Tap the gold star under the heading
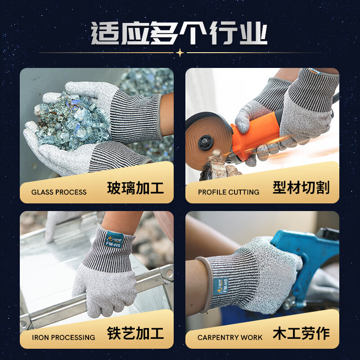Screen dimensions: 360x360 pos(180,53)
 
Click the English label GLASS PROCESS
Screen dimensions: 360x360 pos(59,192)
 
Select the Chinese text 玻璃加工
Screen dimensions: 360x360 pos(135,188)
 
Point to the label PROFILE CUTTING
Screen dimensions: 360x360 pos(229,192)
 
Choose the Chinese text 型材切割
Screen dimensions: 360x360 pos(301,188)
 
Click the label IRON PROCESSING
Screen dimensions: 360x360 pos(63,337)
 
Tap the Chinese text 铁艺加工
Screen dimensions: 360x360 pos(135,333)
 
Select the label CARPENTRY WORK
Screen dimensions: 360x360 pos(229,337)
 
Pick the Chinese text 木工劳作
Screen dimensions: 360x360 pos(301,333)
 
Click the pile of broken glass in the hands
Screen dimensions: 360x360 pos(72,119)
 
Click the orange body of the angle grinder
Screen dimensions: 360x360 pos(256,135)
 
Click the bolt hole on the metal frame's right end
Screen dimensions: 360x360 pos(168,272)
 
